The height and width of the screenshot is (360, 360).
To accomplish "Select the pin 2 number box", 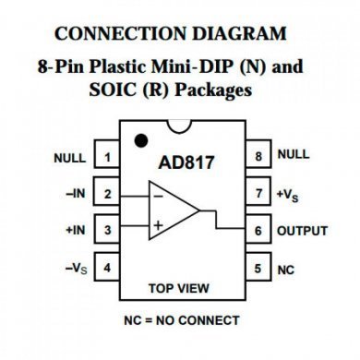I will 107,194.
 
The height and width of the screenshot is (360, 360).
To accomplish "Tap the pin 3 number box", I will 107,230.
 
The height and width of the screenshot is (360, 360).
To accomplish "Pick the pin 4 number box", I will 107,268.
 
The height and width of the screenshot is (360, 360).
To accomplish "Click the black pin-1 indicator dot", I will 141,140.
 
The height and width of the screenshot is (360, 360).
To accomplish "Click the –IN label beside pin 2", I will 77,194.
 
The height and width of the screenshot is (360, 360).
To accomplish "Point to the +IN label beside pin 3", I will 77,230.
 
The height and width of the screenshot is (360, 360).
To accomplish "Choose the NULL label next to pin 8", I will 294,155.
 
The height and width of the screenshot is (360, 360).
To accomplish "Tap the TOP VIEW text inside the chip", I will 182,288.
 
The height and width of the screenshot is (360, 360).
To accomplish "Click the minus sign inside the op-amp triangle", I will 158,197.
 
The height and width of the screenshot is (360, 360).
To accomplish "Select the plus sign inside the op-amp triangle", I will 158,224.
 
